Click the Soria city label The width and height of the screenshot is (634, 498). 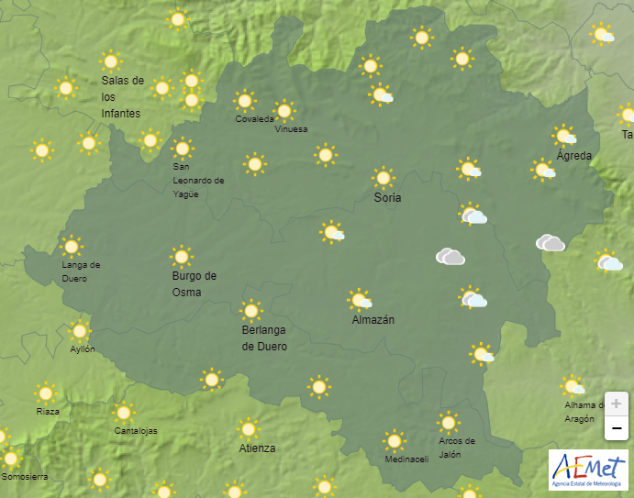click(387, 197)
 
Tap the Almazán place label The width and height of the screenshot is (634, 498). click(373, 320)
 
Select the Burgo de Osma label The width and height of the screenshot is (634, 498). click(194, 283)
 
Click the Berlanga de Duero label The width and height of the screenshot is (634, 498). click(264, 338)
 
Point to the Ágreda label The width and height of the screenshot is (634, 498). click(573, 156)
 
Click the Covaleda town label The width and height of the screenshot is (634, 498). click(254, 119)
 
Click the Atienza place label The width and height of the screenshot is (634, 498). click(257, 448)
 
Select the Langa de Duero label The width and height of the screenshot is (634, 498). click(81, 271)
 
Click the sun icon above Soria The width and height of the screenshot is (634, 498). click(383, 177)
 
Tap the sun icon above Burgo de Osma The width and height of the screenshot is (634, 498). click(181, 256)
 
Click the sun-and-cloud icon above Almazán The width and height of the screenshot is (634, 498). click(360, 299)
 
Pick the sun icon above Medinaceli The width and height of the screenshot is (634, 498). click(394, 440)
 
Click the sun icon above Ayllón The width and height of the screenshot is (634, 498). click(80, 331)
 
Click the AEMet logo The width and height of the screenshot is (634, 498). click(588, 468)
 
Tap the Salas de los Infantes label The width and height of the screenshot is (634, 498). click(122, 96)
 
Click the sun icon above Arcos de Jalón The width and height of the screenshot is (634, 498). click(448, 422)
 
